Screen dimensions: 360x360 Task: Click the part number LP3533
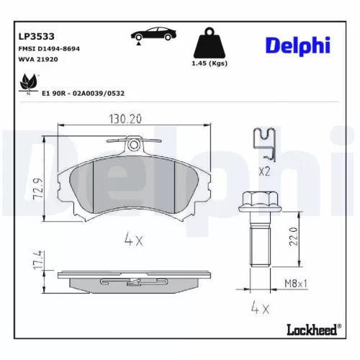point(35,34)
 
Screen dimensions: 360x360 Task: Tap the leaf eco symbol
point(29,84)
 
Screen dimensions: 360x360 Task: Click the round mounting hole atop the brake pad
point(133,145)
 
